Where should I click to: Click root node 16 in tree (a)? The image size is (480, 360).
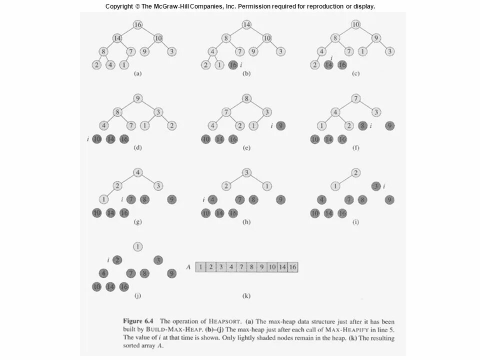pyautogui.click(x=137, y=24)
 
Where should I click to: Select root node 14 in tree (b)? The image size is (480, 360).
pyautogui.click(x=246, y=24)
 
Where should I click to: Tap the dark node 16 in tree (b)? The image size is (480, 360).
pyautogui.click(x=233, y=65)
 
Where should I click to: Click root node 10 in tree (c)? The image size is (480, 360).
pyautogui.click(x=355, y=24)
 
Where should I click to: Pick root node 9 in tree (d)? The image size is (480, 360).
pyautogui.click(x=137, y=98)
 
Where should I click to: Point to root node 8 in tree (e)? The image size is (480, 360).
pyautogui.click(x=246, y=98)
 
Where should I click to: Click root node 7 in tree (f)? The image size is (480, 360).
pyautogui.click(x=355, y=98)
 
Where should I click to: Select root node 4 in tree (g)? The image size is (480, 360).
pyautogui.click(x=137, y=172)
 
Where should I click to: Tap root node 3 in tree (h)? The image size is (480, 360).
pyautogui.click(x=246, y=172)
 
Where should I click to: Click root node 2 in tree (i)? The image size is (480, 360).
pyautogui.click(x=355, y=172)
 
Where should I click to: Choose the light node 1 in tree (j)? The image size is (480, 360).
pyautogui.click(x=137, y=246)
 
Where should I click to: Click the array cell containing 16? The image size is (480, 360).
pyautogui.click(x=292, y=267)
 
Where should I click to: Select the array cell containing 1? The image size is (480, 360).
pyautogui.click(x=200, y=267)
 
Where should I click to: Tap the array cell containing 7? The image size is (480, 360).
pyautogui.click(x=241, y=267)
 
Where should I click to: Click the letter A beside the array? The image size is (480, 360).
pyautogui.click(x=188, y=267)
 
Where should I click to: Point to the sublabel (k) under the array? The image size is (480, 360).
pyautogui.click(x=246, y=296)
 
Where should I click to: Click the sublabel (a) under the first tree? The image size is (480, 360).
pyautogui.click(x=137, y=73)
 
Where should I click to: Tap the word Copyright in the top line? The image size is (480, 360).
pyautogui.click(x=119, y=6)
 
